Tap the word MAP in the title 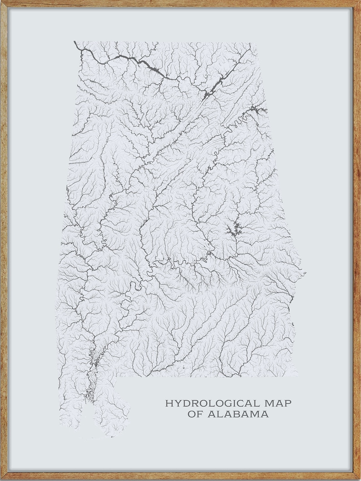pos(278,403)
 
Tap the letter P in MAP pos(288,403)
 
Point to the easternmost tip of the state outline pos(305,274)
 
